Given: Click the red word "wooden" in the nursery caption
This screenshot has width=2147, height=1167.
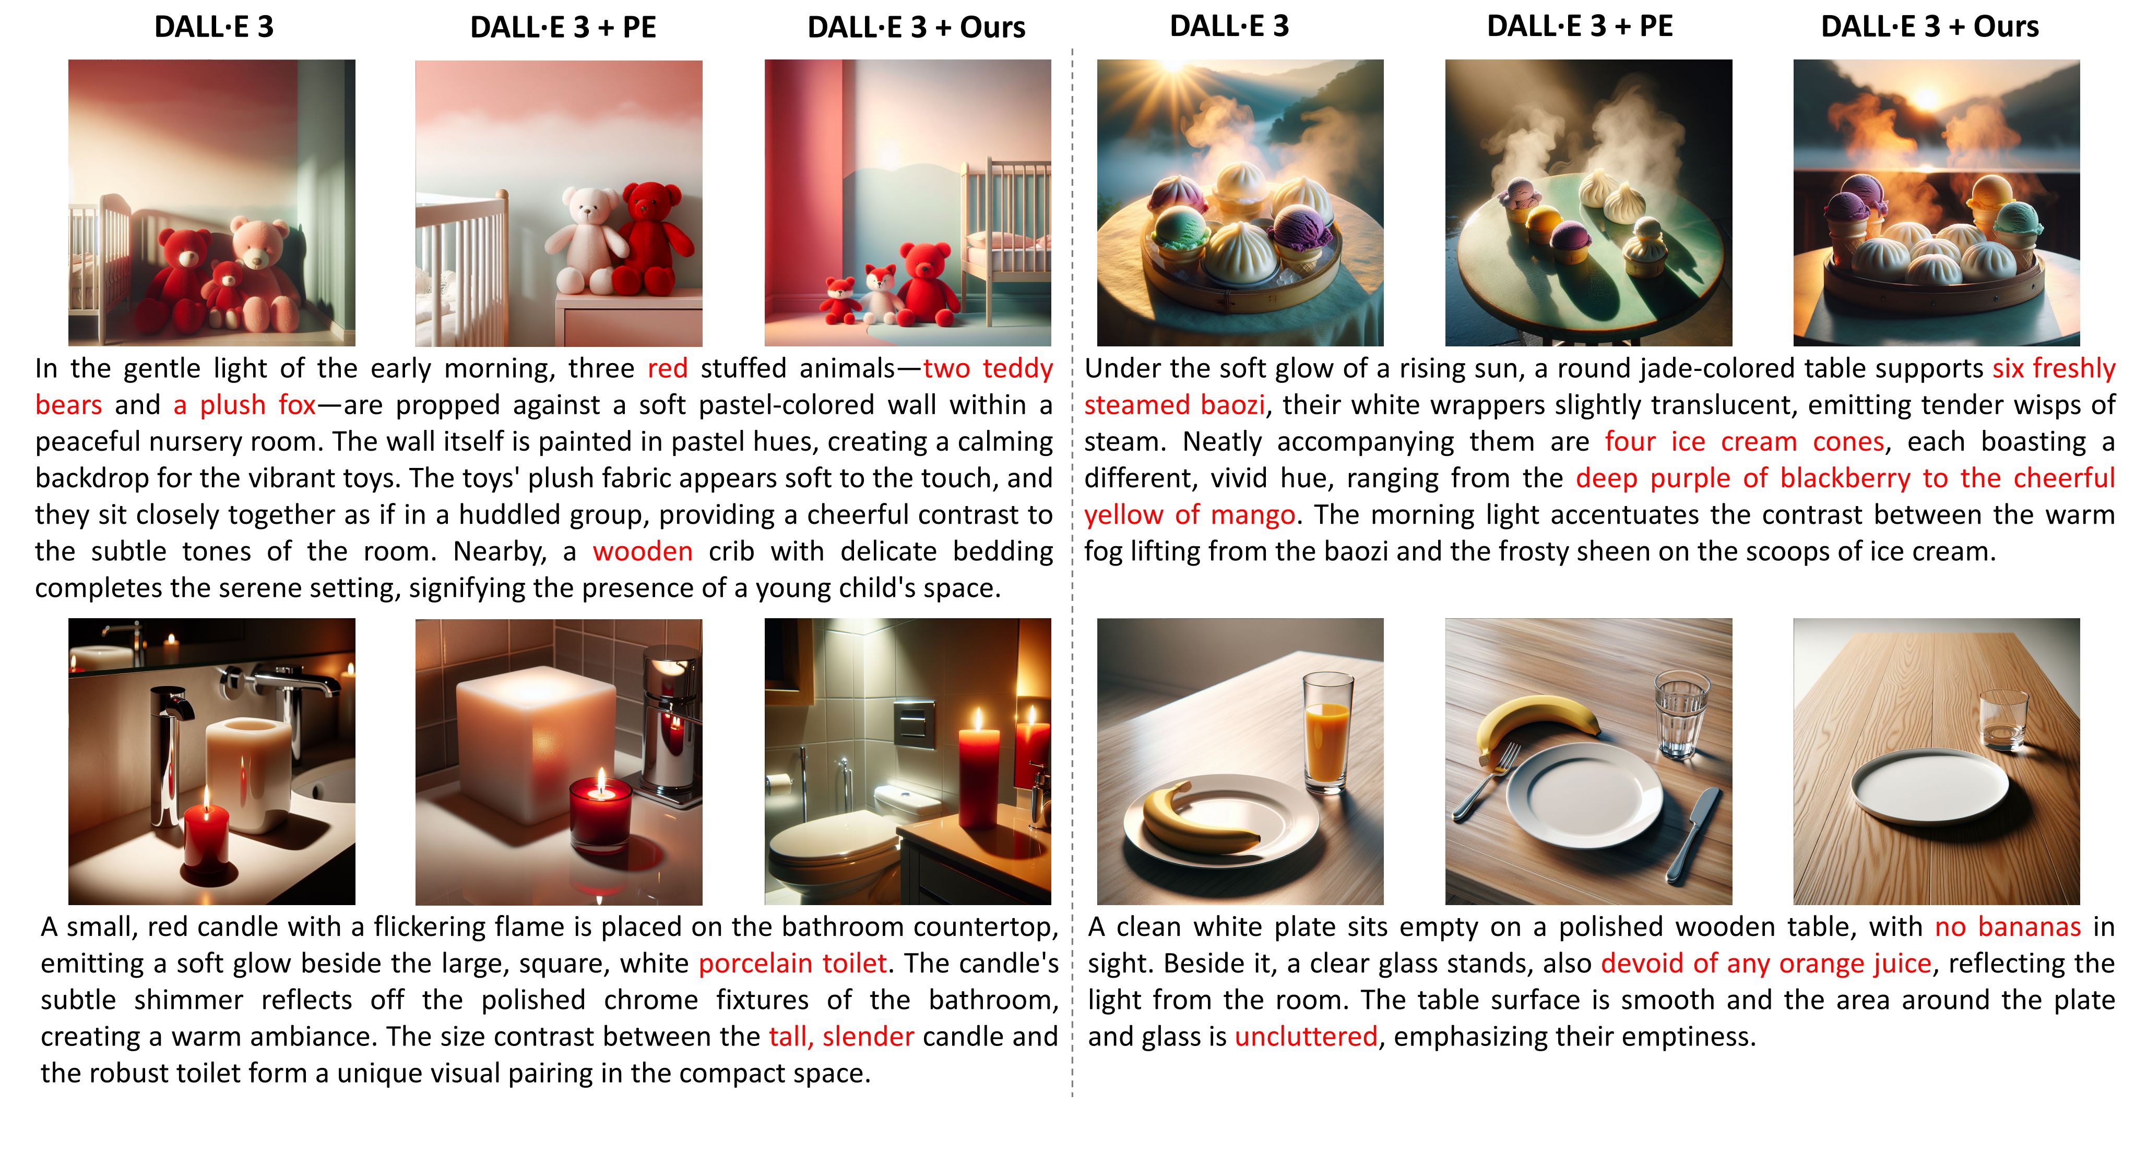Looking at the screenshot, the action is [643, 551].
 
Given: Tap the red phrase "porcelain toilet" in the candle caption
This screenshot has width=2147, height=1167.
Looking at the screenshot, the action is [792, 964].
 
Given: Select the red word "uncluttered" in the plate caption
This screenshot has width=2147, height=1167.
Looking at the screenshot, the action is [1306, 1037].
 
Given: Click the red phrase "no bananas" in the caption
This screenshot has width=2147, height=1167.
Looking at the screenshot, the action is [2008, 927].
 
